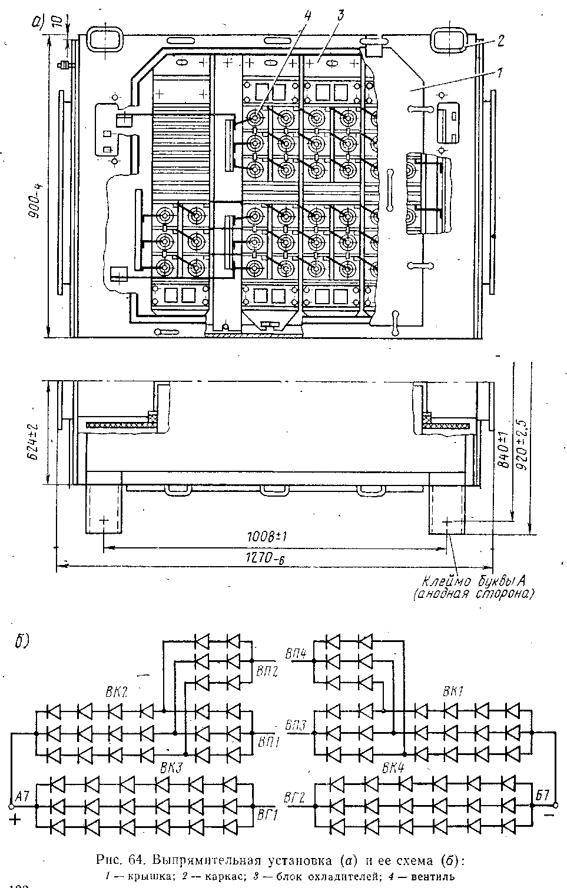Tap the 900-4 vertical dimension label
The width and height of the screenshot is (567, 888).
coord(37,201)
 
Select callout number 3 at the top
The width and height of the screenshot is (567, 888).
coord(339,15)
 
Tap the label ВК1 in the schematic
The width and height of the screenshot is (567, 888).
coord(454,692)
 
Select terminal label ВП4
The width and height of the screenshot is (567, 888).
coord(296,654)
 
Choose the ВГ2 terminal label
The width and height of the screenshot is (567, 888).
coord(294,799)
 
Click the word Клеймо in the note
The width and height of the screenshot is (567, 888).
coord(449,582)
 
